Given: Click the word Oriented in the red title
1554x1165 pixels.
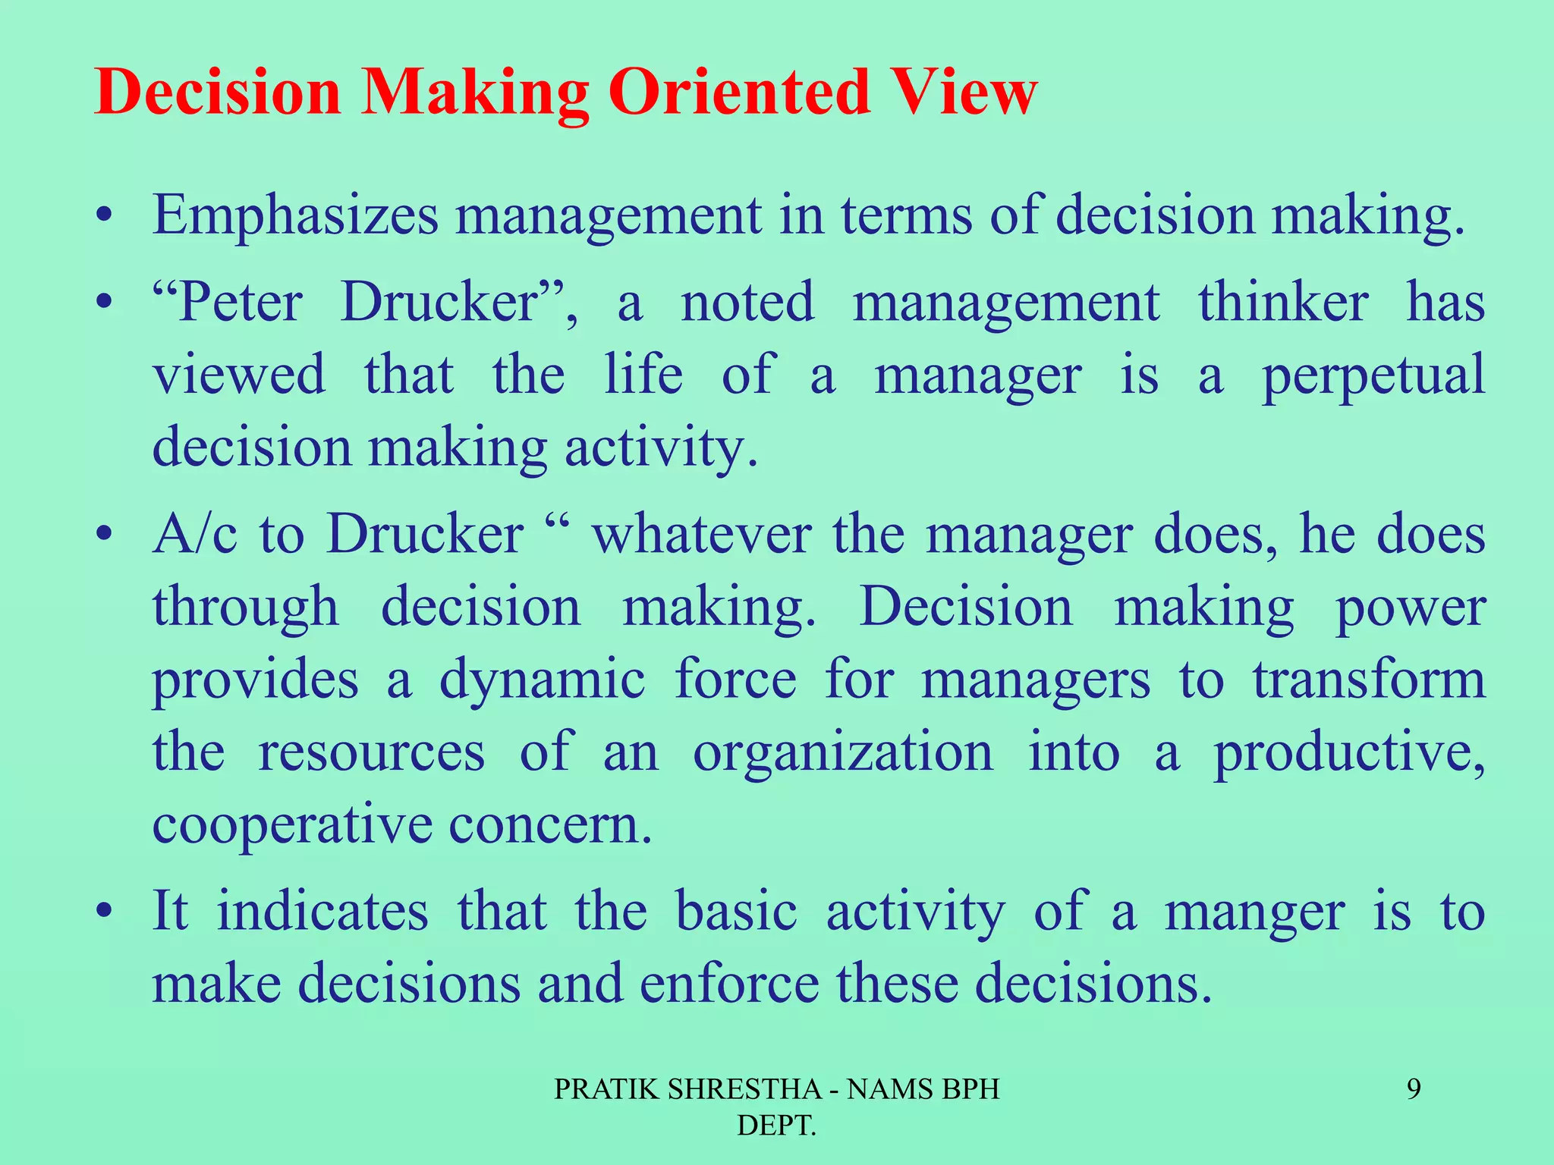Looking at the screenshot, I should [740, 93].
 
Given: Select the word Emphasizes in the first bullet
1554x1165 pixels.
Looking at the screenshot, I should [295, 216].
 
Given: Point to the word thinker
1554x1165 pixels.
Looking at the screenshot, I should [1283, 303].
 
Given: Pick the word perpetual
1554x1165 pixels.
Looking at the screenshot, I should [1373, 375].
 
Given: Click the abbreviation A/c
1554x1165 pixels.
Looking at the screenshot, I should [194, 534].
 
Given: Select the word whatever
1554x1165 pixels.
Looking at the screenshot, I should [702, 534].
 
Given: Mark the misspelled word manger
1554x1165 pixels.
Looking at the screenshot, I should [1254, 911].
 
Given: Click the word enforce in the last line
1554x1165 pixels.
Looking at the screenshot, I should [728, 983].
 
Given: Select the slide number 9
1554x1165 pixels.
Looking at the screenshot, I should [1414, 1090].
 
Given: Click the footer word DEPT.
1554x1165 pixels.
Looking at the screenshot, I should [776, 1126].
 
